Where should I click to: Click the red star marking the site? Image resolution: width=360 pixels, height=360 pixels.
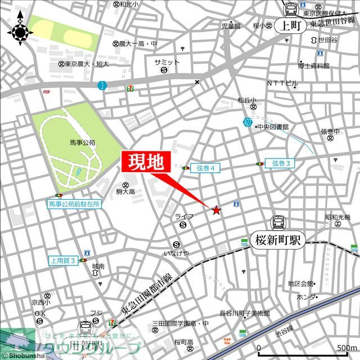tap(217, 210)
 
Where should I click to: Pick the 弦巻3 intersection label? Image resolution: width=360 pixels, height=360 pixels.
tap(280, 163)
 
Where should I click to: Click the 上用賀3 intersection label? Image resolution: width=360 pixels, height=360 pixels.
tap(63, 260)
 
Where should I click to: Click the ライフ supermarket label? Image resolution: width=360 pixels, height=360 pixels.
tap(184, 217)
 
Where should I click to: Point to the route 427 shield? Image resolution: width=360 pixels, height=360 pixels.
tap(248, 122)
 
